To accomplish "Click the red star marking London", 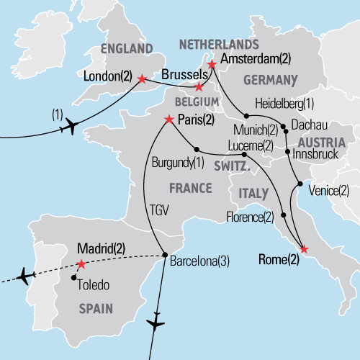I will pos(142,78).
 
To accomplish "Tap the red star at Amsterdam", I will pos(212,65).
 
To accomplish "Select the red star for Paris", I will pos(169,119).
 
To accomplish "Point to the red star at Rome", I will pos(303,249).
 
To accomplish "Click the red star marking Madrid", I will pos(81,264).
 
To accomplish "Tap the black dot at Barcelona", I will pos(165,253).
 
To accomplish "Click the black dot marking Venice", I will pos(300,185).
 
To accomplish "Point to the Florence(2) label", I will pos(250,215).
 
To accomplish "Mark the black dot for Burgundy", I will pos(197,150).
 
